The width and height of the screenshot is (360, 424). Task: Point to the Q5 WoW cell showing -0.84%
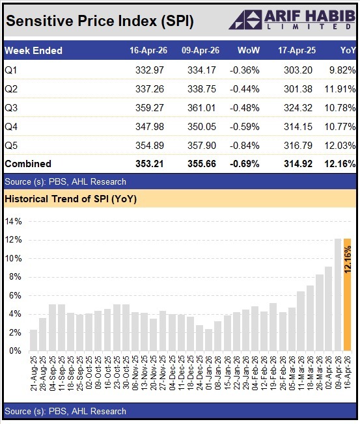pos(246,145)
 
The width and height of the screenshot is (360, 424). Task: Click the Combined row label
pos(27,164)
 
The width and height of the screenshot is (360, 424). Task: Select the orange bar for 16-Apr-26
pos(347,295)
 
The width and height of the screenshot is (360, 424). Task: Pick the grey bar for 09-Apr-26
pos(338,295)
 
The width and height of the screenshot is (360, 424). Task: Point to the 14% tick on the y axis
pos(13,221)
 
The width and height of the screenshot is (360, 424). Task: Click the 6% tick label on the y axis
pos(15,295)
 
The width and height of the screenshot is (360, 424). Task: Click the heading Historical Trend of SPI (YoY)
pos(72,198)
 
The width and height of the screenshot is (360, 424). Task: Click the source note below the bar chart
pos(65,411)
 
